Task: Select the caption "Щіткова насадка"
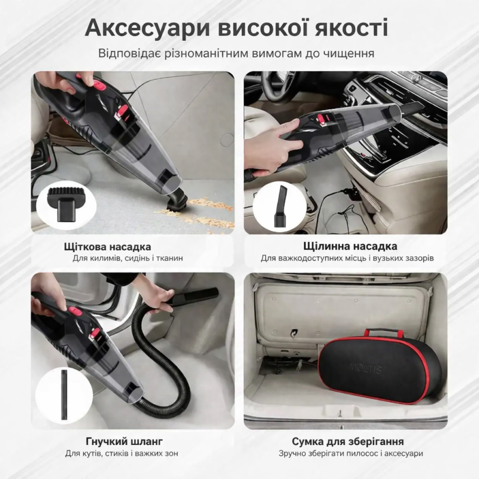click(x=107, y=246)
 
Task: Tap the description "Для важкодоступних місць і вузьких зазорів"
click(x=347, y=259)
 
